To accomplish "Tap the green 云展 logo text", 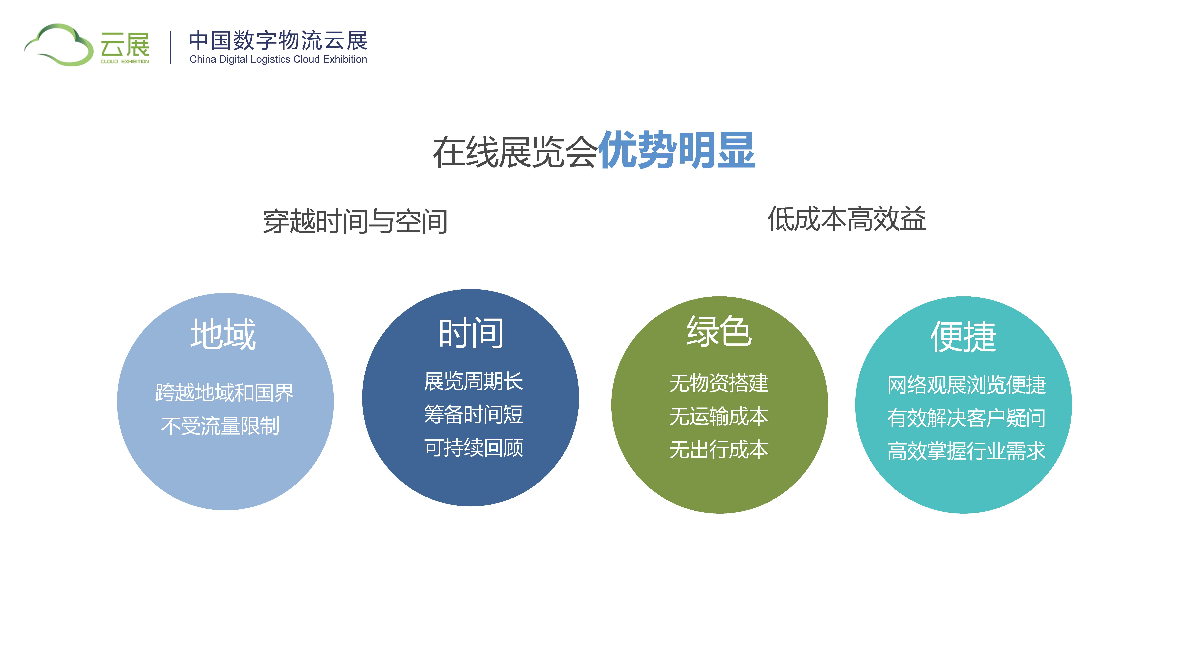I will (125, 45).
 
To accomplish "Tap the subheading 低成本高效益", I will (847, 219).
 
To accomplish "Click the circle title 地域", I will (223, 334).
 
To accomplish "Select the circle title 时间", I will (471, 332).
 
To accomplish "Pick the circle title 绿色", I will (719, 331).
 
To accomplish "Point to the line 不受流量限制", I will (220, 426).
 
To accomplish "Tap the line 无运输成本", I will (719, 416).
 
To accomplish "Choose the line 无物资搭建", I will (719, 383).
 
